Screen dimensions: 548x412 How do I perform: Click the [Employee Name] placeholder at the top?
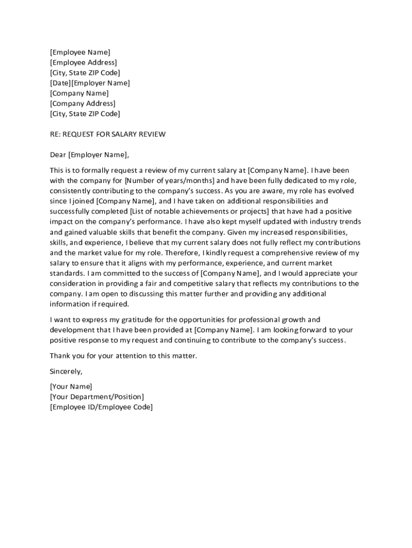pyautogui.click(x=80, y=52)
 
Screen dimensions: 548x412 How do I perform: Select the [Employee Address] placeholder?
pyautogui.click(x=83, y=63)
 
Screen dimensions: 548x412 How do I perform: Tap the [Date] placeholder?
pyautogui.click(x=60, y=83)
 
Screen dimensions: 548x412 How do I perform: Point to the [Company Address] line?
pyautogui.click(x=82, y=103)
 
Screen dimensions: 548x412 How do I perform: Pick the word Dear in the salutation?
pyautogui.click(x=58, y=155)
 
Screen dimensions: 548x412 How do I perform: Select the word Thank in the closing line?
pyautogui.click(x=60, y=355)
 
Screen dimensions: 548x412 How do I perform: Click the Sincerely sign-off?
pyautogui.click(x=66, y=371)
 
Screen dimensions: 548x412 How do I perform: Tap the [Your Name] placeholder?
pyautogui.click(x=71, y=386)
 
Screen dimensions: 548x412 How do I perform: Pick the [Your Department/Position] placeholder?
pyautogui.click(x=96, y=397)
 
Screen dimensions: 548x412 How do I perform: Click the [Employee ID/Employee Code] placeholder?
pyautogui.click(x=101, y=407)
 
